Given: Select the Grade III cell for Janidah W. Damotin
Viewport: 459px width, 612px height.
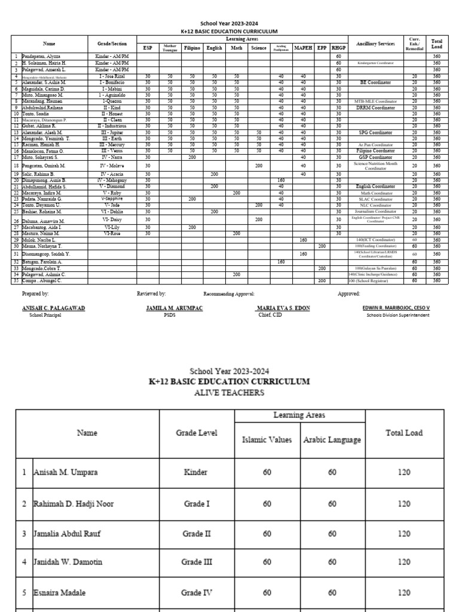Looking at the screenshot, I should tap(197, 562).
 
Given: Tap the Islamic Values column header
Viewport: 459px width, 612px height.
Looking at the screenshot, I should tap(267, 440).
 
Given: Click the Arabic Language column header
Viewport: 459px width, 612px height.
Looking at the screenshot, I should tap(332, 440).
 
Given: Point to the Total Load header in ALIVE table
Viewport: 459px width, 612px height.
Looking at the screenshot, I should tap(404, 433).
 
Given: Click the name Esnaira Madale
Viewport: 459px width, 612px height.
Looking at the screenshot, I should tap(59, 592).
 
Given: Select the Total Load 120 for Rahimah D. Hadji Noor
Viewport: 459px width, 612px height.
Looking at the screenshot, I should tap(404, 504).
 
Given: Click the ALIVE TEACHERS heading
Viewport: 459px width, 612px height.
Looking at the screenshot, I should tap(229, 393).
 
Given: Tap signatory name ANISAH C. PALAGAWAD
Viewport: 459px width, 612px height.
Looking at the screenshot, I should tap(53, 307).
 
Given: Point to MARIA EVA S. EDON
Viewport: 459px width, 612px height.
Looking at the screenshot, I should tap(276, 307).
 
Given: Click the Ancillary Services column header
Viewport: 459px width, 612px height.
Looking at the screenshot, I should tap(375, 44).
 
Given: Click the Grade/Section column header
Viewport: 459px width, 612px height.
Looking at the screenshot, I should tap(112, 44).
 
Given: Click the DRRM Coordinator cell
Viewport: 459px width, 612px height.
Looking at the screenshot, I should tap(375, 108).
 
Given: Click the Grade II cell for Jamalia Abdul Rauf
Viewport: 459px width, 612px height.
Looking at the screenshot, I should tap(197, 534).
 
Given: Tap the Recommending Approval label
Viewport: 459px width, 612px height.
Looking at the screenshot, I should tap(229, 294).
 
